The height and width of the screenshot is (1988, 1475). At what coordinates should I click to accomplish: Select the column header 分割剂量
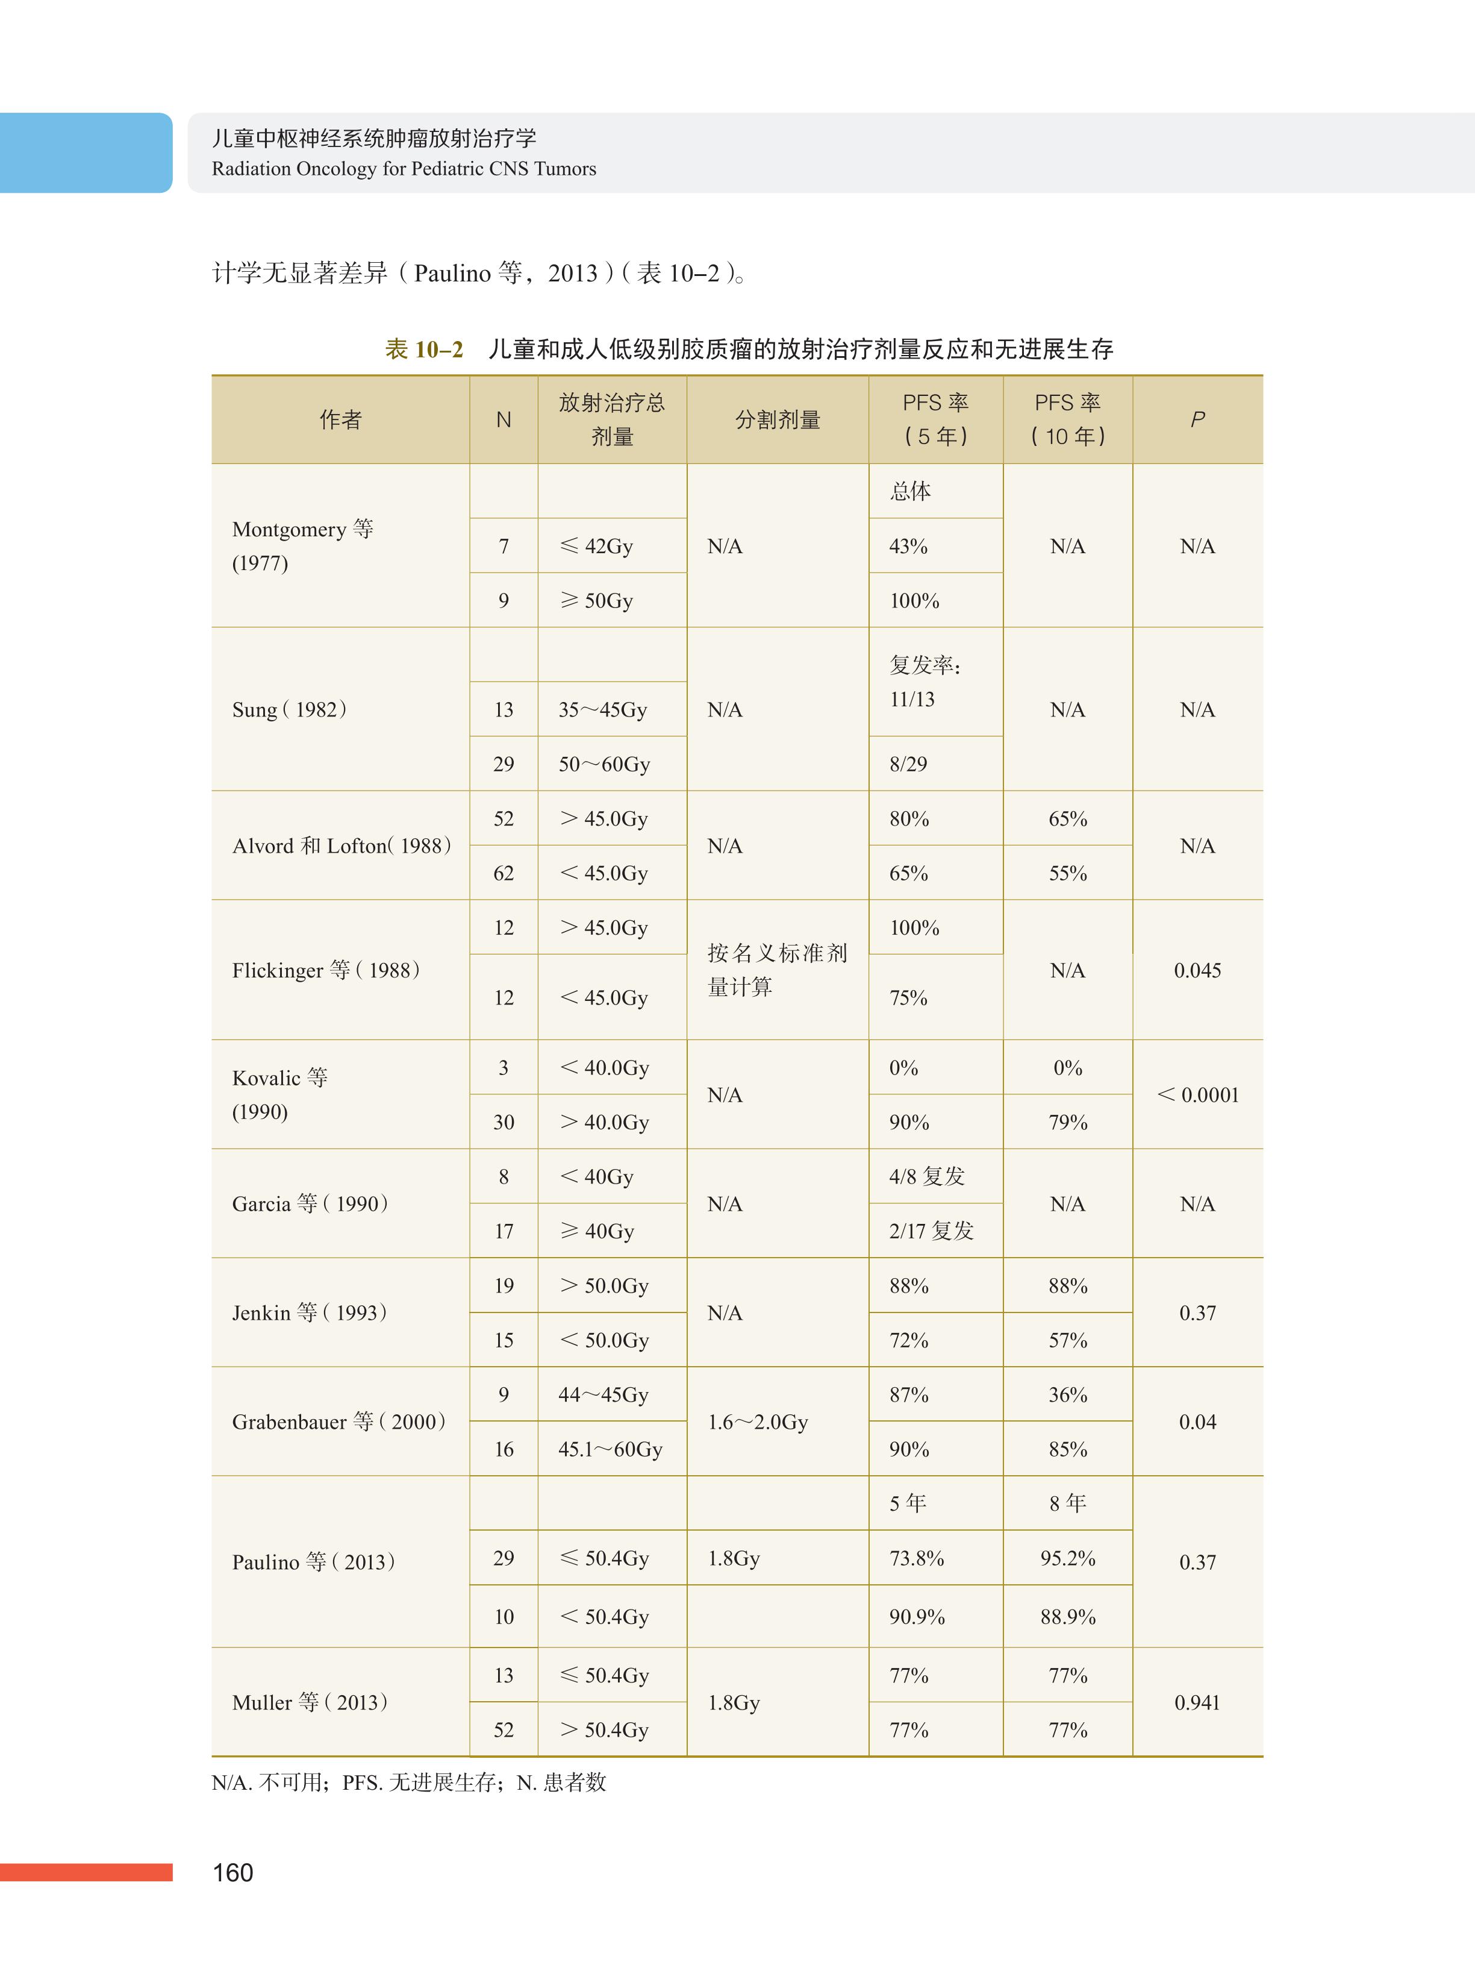[778, 420]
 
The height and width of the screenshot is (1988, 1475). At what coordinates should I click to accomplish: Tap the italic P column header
[1197, 420]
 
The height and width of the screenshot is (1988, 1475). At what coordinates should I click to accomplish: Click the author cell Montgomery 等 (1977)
[303, 546]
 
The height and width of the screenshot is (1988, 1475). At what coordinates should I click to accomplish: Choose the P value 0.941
[1197, 1702]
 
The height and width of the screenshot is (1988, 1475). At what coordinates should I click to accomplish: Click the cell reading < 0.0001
[1197, 1095]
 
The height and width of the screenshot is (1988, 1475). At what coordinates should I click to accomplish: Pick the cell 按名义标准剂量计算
[777, 970]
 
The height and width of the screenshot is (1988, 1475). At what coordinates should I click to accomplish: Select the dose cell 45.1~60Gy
[611, 1449]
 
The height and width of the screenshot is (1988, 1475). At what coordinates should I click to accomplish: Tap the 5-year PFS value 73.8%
[917, 1558]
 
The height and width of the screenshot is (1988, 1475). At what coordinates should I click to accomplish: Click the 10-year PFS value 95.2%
[1068, 1558]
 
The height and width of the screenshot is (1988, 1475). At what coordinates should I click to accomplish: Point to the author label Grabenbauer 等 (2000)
[339, 1422]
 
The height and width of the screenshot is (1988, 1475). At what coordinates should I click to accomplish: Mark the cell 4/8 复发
[927, 1176]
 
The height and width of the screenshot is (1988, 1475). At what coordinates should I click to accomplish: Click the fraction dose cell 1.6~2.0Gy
[758, 1422]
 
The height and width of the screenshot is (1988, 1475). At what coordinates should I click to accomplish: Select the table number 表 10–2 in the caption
[424, 349]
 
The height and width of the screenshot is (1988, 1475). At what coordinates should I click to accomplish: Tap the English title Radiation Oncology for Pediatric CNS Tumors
[404, 169]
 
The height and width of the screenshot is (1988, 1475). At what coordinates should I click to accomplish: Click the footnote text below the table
[409, 1783]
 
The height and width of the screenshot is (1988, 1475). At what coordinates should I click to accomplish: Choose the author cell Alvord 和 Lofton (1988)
[342, 845]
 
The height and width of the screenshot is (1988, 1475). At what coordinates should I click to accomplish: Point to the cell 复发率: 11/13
[925, 682]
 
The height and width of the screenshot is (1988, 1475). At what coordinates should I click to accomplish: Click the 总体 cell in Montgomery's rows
[910, 491]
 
